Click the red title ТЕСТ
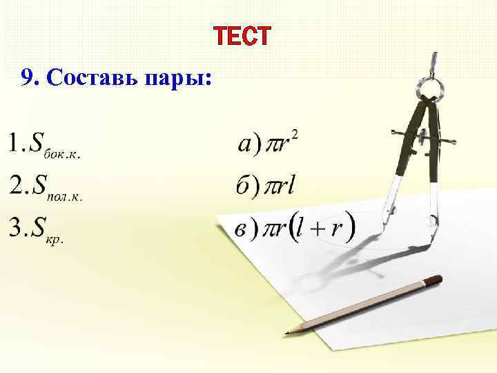(x=242, y=37)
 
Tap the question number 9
(x=28, y=77)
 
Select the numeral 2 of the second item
(x=15, y=184)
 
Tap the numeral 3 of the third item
(x=15, y=227)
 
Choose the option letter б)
(x=247, y=186)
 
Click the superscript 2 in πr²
(x=295, y=133)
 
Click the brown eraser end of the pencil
(x=433, y=280)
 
